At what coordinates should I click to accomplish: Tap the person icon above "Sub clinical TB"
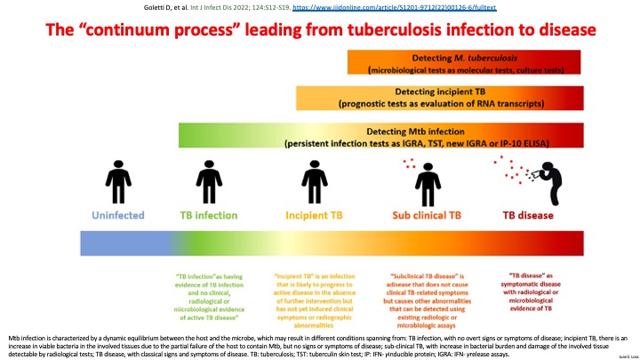420,180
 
